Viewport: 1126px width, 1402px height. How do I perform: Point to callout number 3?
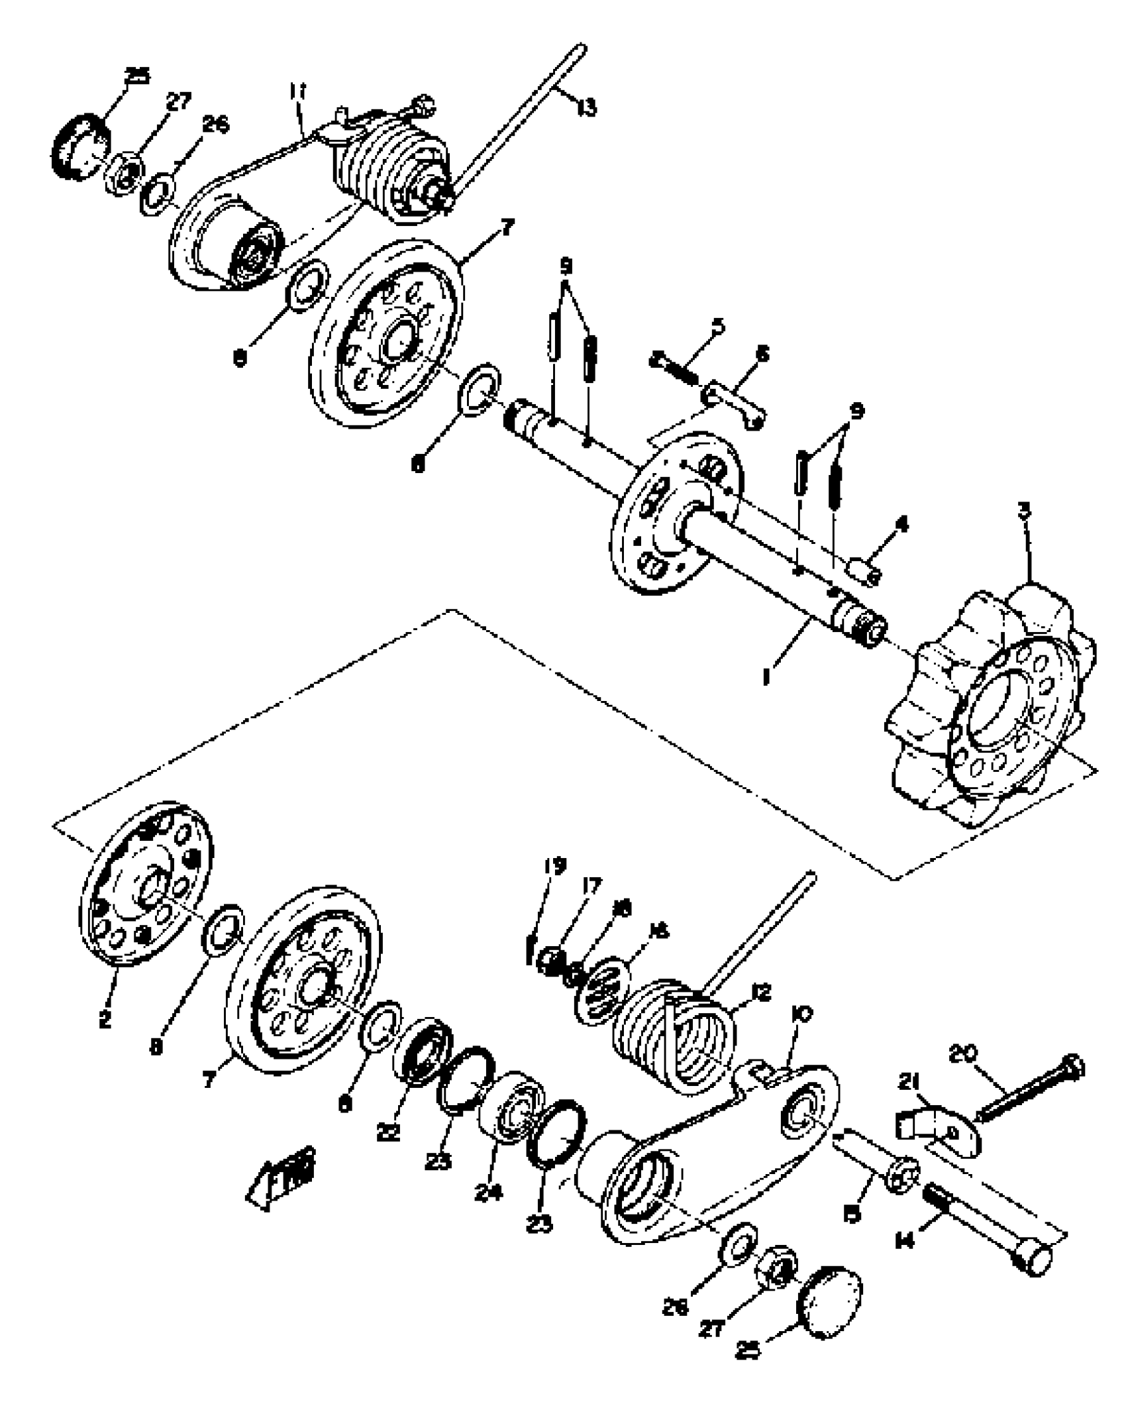[1024, 510]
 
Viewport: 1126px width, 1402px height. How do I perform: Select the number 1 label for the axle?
[767, 676]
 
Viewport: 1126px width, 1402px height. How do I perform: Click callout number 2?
[105, 1020]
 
